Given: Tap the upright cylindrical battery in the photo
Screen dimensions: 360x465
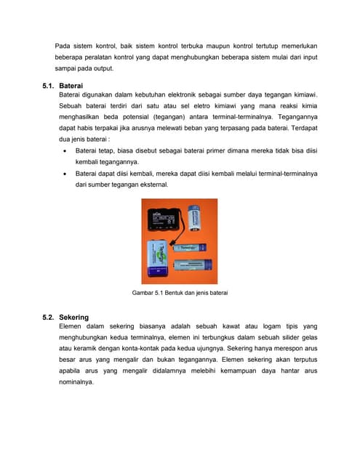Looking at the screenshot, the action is (x=194, y=218).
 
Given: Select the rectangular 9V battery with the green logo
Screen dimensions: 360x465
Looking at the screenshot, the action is (x=158, y=259).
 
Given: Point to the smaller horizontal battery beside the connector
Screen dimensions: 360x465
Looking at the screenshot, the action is (x=190, y=247).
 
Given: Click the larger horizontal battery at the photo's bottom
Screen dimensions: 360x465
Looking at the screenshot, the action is (x=193, y=264).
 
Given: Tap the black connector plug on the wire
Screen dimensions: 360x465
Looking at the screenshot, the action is (x=172, y=243).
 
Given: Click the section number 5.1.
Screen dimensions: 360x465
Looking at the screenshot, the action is (x=48, y=86).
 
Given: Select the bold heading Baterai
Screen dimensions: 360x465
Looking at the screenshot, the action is (x=71, y=86).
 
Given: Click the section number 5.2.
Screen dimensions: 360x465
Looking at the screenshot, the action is (x=48, y=318).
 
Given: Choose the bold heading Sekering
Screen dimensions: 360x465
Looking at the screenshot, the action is (x=74, y=318).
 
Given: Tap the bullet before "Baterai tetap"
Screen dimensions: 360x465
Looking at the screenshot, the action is (x=65, y=151).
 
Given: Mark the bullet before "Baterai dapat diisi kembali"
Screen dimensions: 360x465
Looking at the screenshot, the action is (x=65, y=174).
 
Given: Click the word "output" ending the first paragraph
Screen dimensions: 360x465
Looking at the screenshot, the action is (x=103, y=68).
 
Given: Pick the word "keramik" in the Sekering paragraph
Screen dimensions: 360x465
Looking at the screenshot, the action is (x=85, y=349).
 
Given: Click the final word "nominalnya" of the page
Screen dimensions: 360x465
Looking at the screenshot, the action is (x=76, y=382).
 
